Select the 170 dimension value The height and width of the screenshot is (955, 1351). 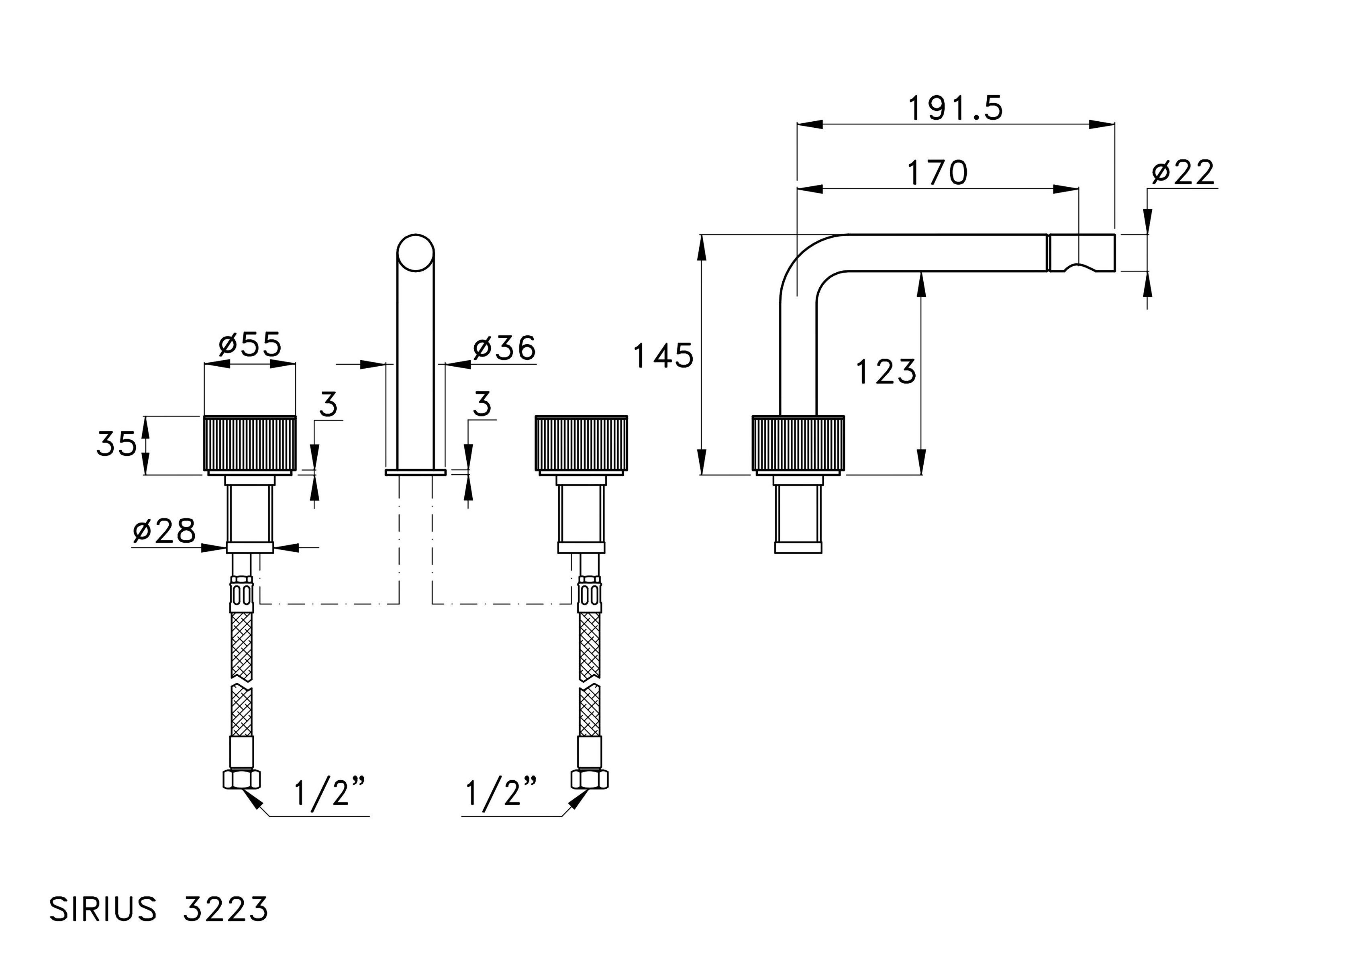(x=937, y=172)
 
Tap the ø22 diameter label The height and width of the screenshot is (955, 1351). (x=1183, y=172)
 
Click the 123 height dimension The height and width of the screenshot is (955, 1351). (x=886, y=372)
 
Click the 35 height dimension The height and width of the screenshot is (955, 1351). (x=116, y=444)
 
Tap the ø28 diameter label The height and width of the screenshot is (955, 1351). (x=164, y=531)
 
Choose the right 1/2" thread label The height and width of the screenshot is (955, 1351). (x=501, y=794)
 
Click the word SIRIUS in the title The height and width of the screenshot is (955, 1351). (x=103, y=909)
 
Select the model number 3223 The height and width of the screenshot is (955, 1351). (x=225, y=909)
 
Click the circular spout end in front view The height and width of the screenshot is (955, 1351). (x=415, y=253)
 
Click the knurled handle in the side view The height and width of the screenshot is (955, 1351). (x=798, y=444)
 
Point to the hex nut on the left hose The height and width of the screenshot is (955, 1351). (x=241, y=780)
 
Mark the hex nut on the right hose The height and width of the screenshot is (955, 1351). (x=590, y=780)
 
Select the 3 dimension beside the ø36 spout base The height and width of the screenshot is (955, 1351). (x=482, y=405)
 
